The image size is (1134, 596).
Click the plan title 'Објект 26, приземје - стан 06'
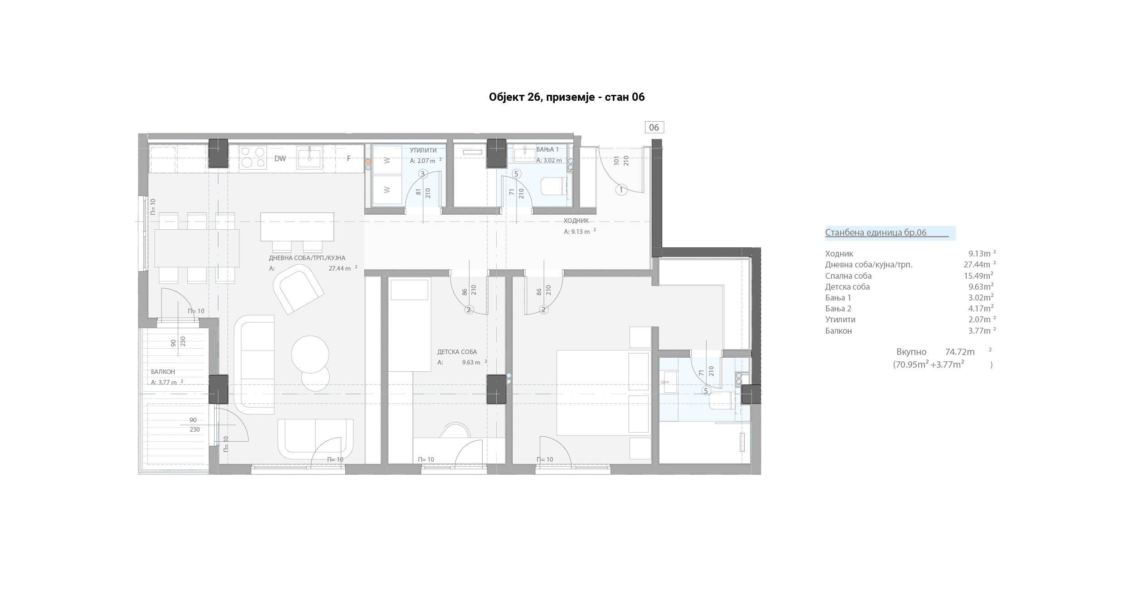point(567,97)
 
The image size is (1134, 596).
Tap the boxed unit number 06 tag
point(654,128)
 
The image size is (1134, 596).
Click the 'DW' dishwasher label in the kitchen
point(280,158)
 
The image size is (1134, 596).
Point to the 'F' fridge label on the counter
point(349,158)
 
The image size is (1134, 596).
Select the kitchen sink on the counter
point(310,158)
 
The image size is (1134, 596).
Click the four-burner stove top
point(253,158)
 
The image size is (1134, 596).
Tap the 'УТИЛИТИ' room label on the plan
point(423,150)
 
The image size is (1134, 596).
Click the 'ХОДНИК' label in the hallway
point(576,221)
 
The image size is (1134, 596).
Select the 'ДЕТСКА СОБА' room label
point(457,352)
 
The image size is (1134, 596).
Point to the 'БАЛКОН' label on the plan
point(163,372)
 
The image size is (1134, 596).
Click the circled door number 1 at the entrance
point(621,190)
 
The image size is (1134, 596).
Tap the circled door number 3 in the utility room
point(423,173)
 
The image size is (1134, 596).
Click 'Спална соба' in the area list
point(848,276)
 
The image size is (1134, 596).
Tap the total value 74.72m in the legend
point(960,352)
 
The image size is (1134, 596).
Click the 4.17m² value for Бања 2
point(981,309)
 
